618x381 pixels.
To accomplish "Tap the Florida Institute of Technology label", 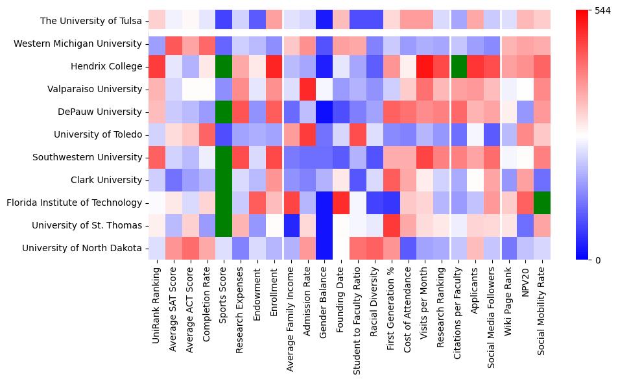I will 74,203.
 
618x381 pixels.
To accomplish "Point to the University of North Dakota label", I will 82,248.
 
